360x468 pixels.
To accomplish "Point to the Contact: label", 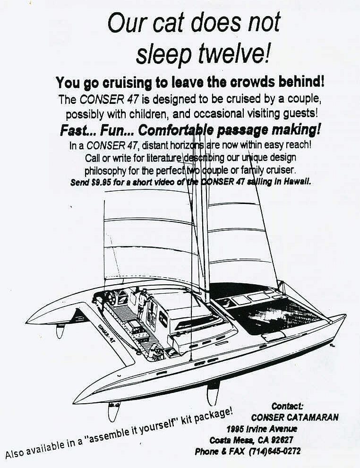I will [x=287, y=406].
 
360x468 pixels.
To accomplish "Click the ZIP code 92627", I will [x=283, y=440].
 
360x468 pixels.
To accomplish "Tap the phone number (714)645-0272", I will [x=275, y=451].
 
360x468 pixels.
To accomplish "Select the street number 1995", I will [x=237, y=429].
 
